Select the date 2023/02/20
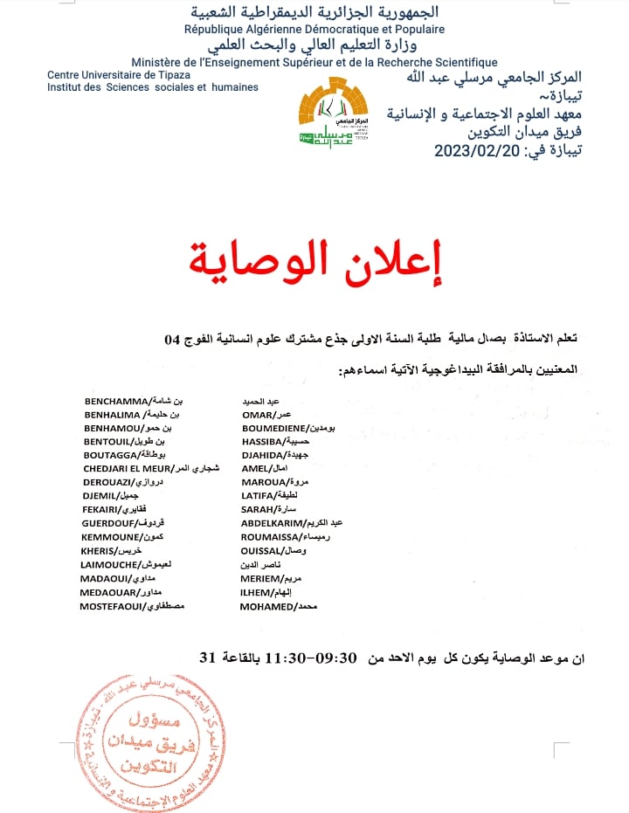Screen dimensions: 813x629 point(477,151)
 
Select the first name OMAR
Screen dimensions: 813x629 point(257,415)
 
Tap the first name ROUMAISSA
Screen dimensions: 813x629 point(270,537)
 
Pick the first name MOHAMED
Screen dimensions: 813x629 point(267,605)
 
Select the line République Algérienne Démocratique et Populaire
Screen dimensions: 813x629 point(314,29)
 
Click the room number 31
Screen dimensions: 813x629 point(208,658)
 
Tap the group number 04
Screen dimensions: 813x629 point(173,337)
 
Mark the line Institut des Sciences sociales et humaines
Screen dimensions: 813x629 point(153,87)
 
